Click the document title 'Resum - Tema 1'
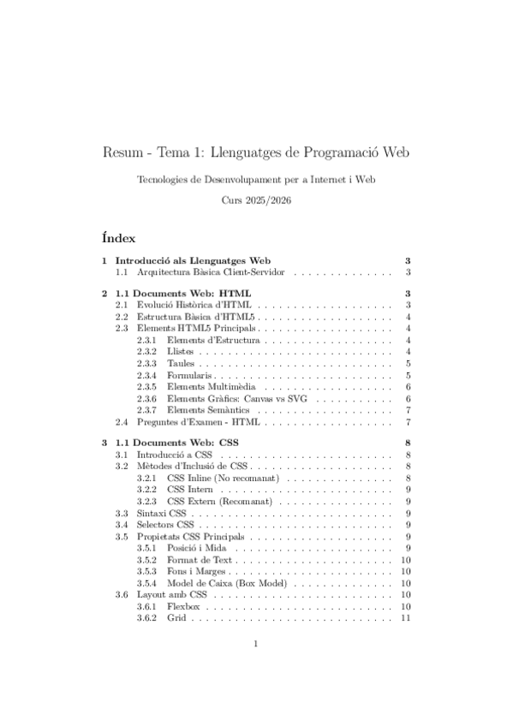click(256, 153)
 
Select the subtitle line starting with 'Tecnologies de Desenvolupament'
click(256, 180)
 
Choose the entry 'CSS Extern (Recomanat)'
click(219, 501)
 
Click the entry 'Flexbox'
click(184, 605)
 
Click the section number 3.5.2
click(147, 559)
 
